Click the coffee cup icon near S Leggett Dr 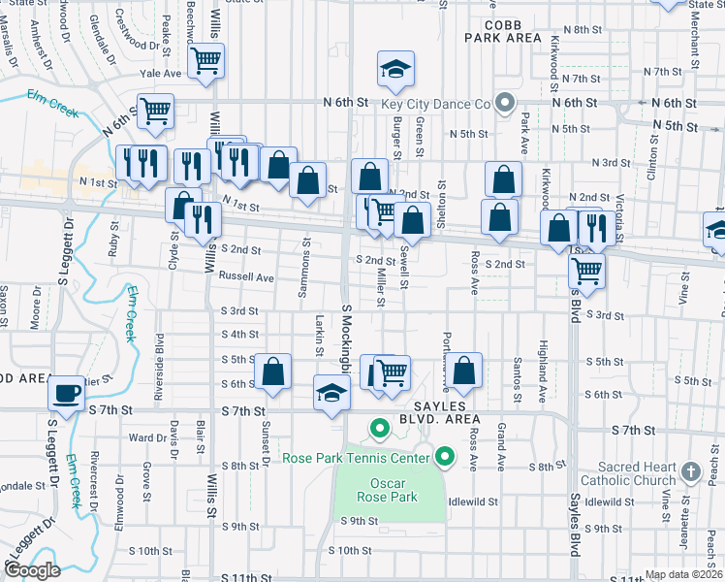[x=66, y=393]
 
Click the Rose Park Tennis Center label [x=357, y=457]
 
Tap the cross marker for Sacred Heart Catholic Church [x=690, y=471]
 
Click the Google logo [x=32, y=570]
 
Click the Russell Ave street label [x=246, y=276]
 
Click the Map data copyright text [x=684, y=574]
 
